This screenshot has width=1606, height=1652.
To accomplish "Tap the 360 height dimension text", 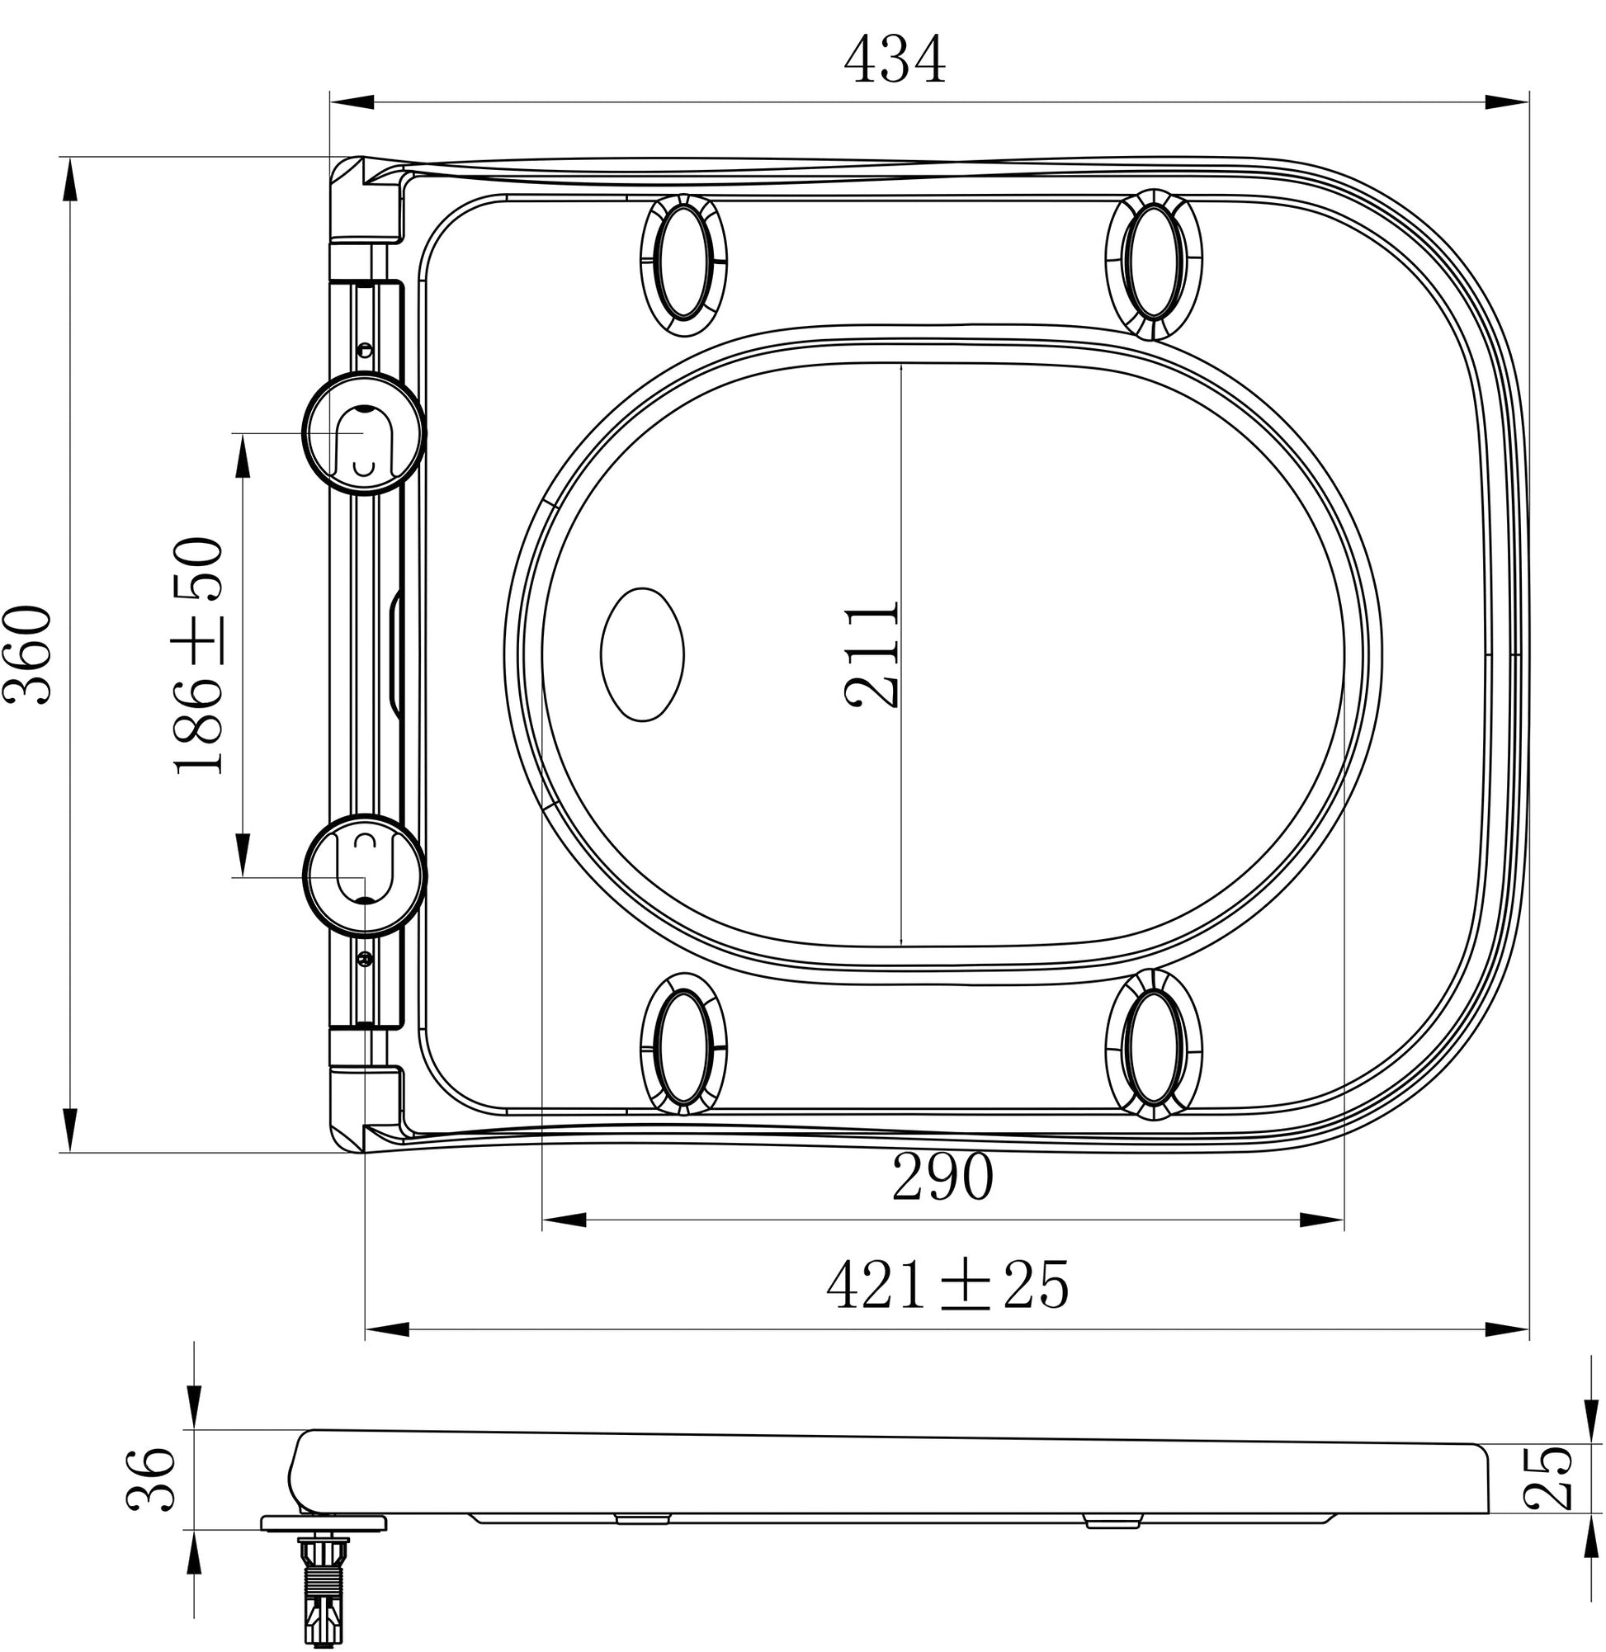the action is [27, 654].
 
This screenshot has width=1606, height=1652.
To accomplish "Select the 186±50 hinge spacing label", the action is [199, 655].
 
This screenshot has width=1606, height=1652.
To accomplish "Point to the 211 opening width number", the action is [871, 654].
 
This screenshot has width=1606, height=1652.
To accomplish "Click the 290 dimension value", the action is [943, 1178].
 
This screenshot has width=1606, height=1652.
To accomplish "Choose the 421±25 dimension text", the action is [947, 1284].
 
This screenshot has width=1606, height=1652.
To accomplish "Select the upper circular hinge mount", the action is [364, 433].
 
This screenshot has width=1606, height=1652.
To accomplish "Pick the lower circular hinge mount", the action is [365, 876].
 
